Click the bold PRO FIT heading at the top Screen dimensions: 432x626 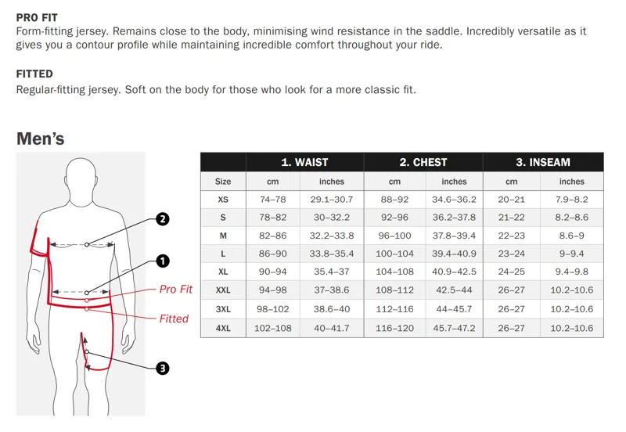(37, 17)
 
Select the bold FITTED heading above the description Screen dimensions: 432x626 (34, 74)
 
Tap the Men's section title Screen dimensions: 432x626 (41, 139)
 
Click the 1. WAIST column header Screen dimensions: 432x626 (304, 162)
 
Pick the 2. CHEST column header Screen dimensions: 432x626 (423, 162)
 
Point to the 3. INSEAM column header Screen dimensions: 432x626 (542, 162)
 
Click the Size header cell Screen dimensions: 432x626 (223, 182)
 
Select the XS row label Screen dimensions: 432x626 (223, 200)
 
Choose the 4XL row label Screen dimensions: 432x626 (223, 328)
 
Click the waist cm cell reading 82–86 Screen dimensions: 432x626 (272, 236)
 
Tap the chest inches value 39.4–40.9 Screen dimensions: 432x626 (454, 254)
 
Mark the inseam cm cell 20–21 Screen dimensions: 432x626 (511, 200)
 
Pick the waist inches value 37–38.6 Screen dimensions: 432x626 (332, 290)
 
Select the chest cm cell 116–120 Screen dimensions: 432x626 (394, 328)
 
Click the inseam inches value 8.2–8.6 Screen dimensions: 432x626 (571, 218)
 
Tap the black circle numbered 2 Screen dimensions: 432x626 (162, 219)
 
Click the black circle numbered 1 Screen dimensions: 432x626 (162, 261)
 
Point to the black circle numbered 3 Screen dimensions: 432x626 (162, 368)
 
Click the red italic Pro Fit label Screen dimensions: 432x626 (175, 289)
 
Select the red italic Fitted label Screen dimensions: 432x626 (174, 319)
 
